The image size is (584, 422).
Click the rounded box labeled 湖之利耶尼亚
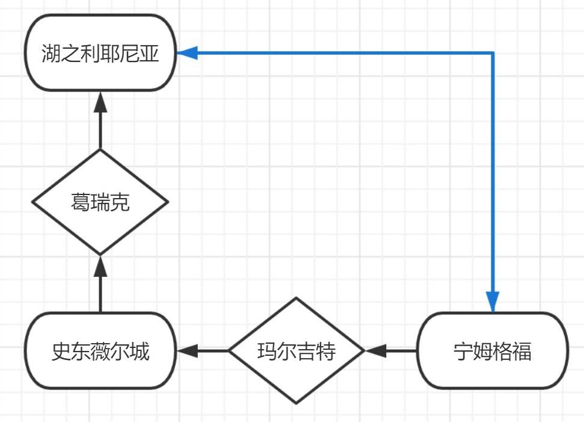(100, 53)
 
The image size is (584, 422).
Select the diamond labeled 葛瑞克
(100, 202)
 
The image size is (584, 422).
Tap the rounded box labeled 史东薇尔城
(100, 350)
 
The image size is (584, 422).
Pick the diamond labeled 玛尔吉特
(297, 350)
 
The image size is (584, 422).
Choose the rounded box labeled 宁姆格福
(493, 350)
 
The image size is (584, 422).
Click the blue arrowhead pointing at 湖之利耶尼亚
(187, 53)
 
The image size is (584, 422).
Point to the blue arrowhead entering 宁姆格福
(493, 302)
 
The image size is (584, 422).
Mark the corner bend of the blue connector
(493, 53)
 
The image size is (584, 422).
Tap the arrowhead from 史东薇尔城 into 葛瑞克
(100, 265)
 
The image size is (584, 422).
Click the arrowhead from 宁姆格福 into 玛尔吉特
(375, 350)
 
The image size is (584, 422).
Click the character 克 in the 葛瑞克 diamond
(120, 203)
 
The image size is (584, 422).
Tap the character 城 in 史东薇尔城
(139, 351)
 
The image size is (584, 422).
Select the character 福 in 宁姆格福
(522, 351)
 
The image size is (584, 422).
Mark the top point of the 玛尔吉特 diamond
(297, 298)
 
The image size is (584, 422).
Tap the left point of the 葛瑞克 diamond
(32, 202)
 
